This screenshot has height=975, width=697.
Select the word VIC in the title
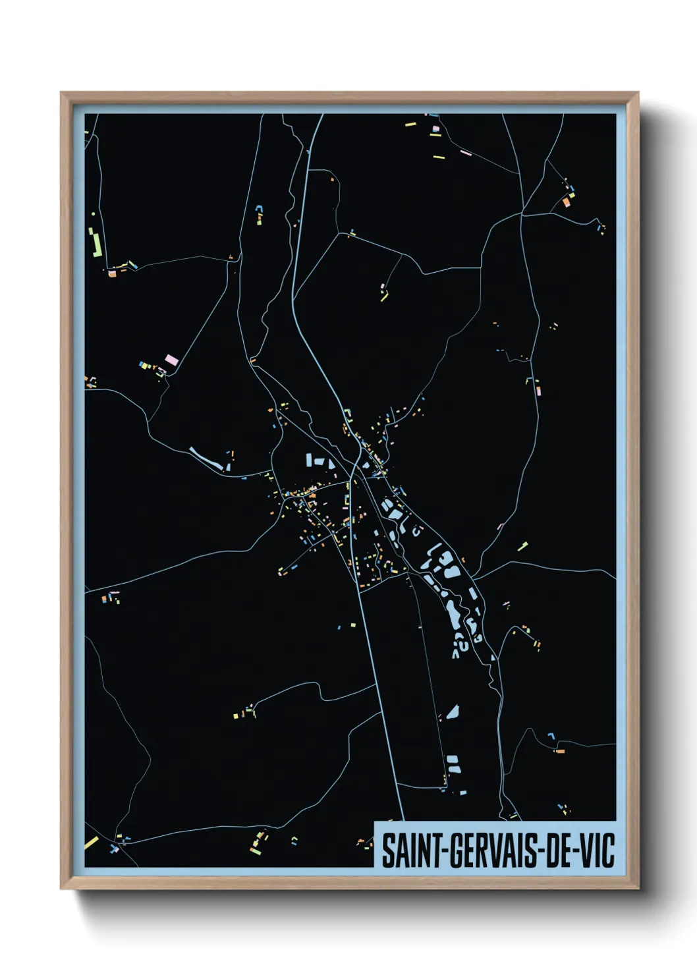coord(596,850)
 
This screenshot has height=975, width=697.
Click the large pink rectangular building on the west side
coord(171,360)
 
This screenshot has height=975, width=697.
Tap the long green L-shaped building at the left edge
coord(96,243)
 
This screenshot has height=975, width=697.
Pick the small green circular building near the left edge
coord(93,213)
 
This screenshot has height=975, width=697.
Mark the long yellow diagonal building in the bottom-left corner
coord(91,843)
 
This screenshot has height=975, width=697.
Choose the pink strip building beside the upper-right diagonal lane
coord(465,153)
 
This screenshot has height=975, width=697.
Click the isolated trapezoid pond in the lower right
coord(452,712)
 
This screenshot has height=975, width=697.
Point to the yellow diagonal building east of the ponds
coord(522,546)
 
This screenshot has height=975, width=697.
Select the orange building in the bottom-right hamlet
coord(560,750)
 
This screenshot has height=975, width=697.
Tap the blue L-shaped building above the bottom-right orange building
coord(551,735)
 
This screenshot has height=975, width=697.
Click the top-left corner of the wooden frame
coord(61,93)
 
